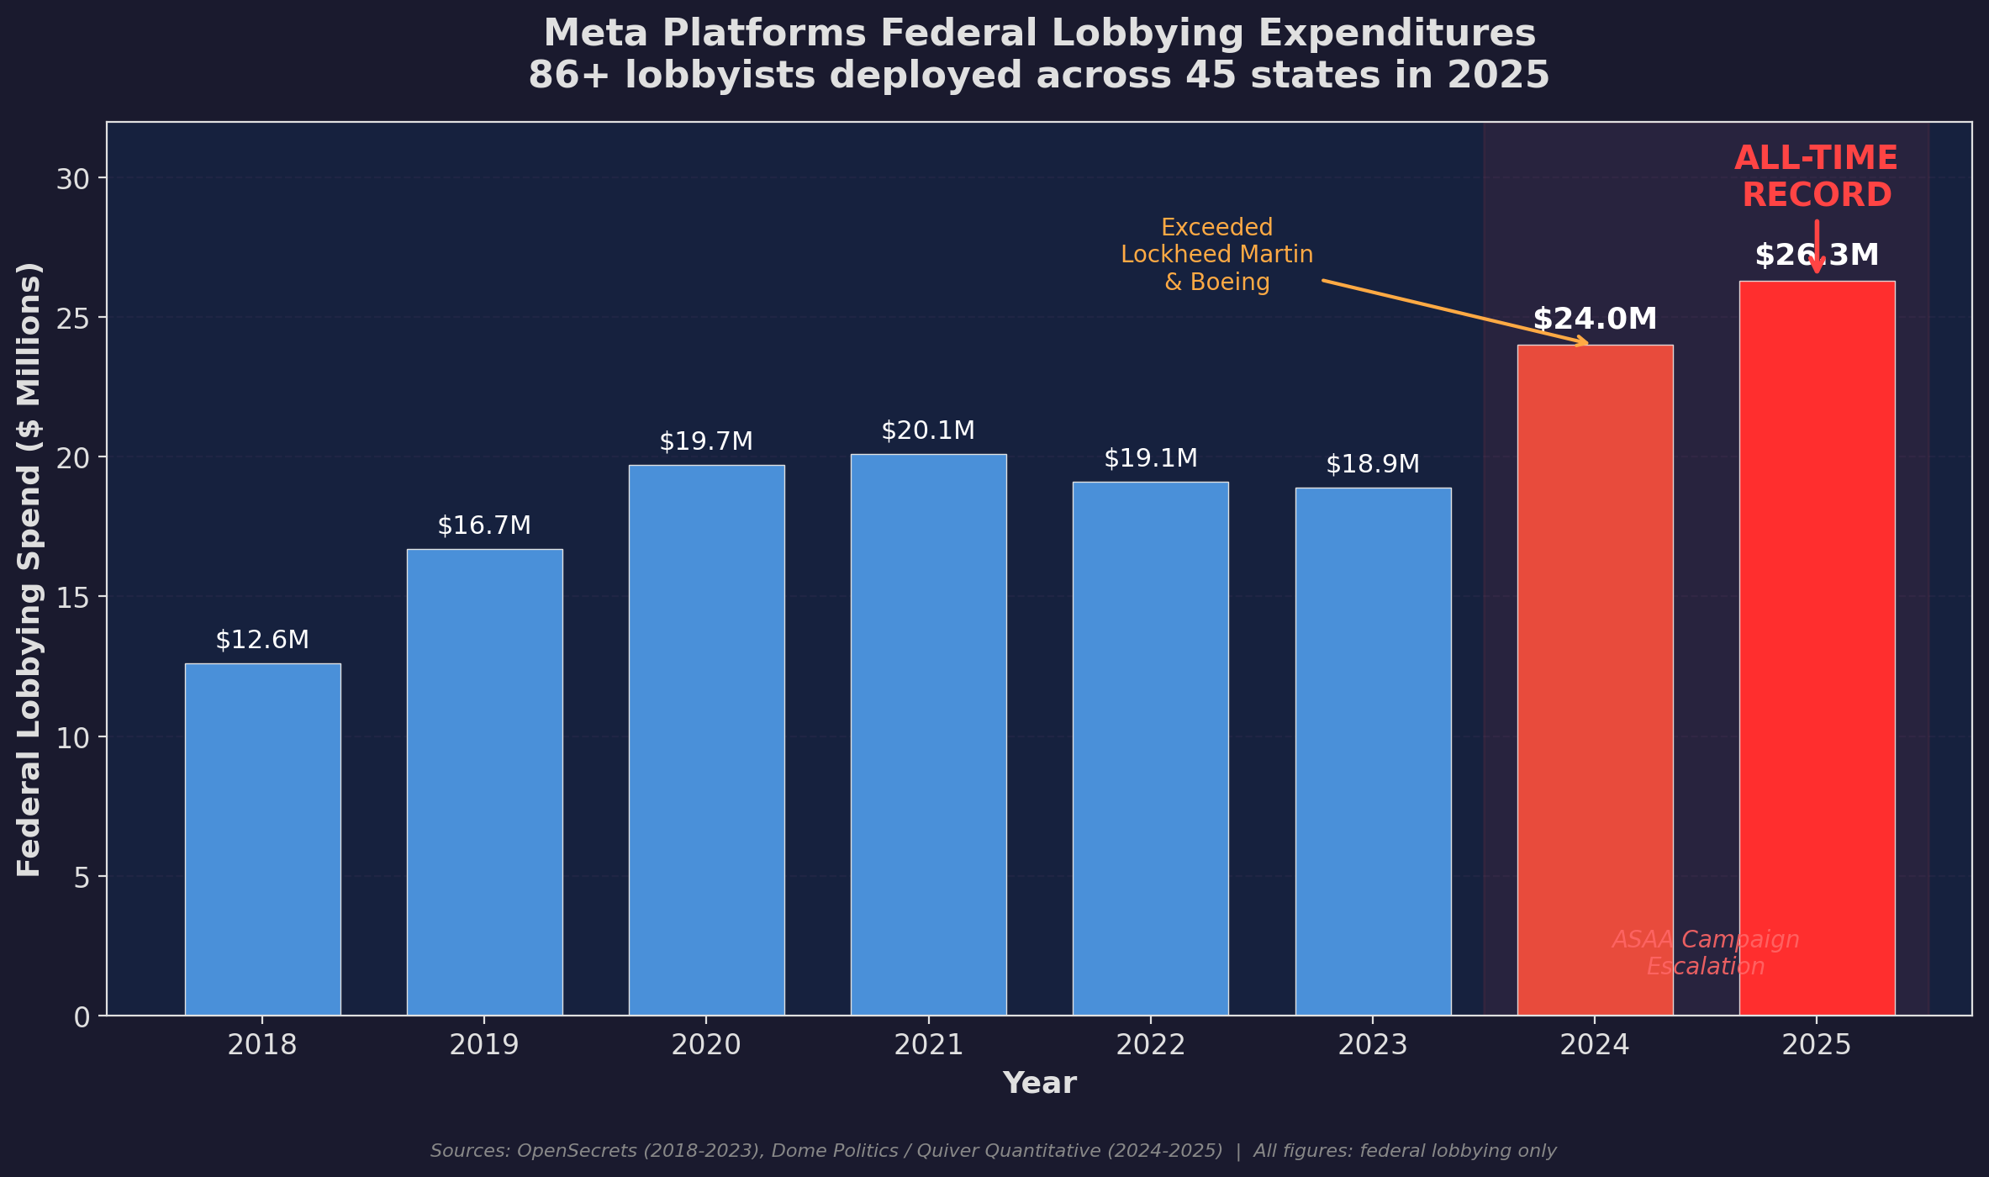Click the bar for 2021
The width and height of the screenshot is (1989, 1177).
coord(928,735)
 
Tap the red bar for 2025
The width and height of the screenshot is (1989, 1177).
coord(1817,647)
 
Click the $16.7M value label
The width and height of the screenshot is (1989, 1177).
coord(484,526)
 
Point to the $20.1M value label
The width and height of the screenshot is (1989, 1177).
coord(928,431)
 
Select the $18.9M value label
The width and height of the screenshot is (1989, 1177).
coord(1372,464)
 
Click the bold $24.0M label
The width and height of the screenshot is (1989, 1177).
coord(1595,319)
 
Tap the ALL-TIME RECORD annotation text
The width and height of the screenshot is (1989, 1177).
coord(1816,177)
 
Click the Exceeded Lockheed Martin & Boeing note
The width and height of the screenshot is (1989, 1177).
coord(1216,255)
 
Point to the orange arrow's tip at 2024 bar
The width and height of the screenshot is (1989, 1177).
coord(1586,343)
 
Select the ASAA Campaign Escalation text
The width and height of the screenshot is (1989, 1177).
coord(1705,953)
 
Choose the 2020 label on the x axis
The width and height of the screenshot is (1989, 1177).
coord(706,1045)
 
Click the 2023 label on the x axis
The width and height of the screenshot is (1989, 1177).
coord(1372,1045)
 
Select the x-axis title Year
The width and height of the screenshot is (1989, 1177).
coord(1039,1083)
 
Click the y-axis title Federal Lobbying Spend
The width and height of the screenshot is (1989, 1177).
coord(29,569)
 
